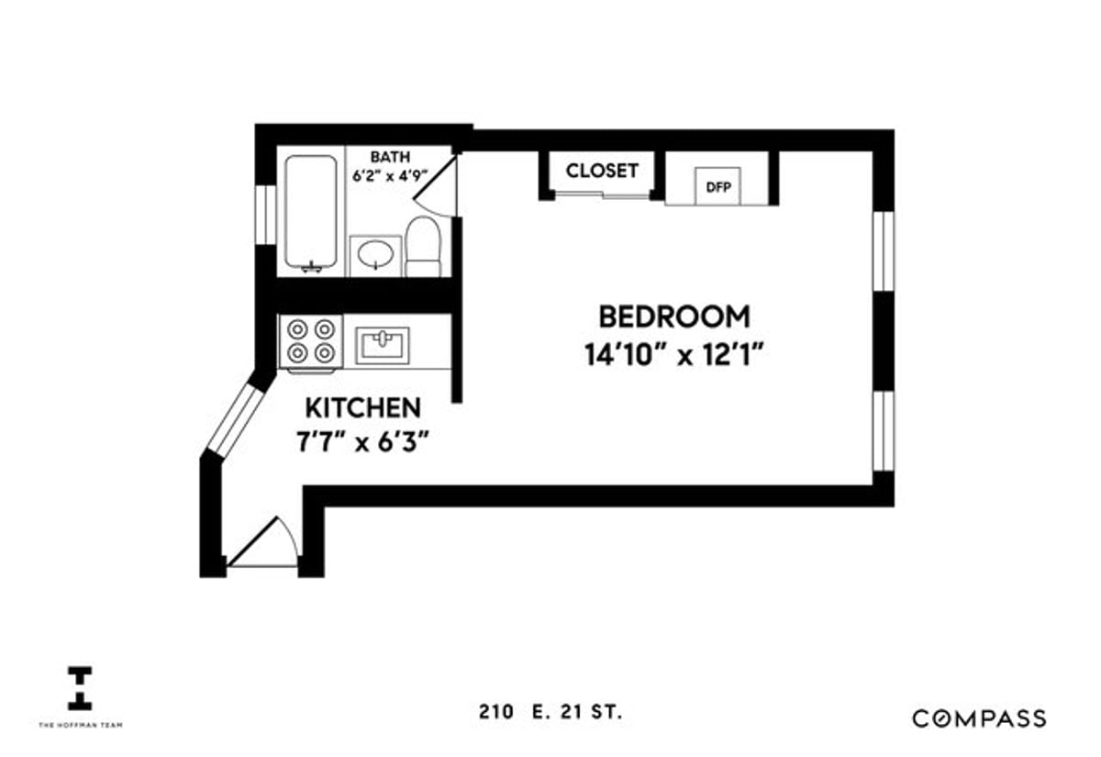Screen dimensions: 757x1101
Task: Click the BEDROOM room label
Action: click(x=673, y=317)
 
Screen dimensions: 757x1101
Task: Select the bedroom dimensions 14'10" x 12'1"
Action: click(x=673, y=353)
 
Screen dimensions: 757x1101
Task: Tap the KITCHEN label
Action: click(x=363, y=407)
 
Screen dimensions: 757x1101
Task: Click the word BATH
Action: click(x=390, y=157)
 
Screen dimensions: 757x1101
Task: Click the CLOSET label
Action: click(x=601, y=171)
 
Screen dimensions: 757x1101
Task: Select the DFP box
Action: click(x=717, y=186)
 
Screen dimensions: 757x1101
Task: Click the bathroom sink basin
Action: click(x=376, y=254)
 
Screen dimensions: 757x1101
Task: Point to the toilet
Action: click(x=423, y=245)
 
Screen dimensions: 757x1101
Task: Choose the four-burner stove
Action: click(x=310, y=340)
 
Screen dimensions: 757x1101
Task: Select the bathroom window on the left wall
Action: click(x=265, y=215)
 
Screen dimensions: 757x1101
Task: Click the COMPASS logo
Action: click(x=978, y=718)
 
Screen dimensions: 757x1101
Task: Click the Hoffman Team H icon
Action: click(x=80, y=688)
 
